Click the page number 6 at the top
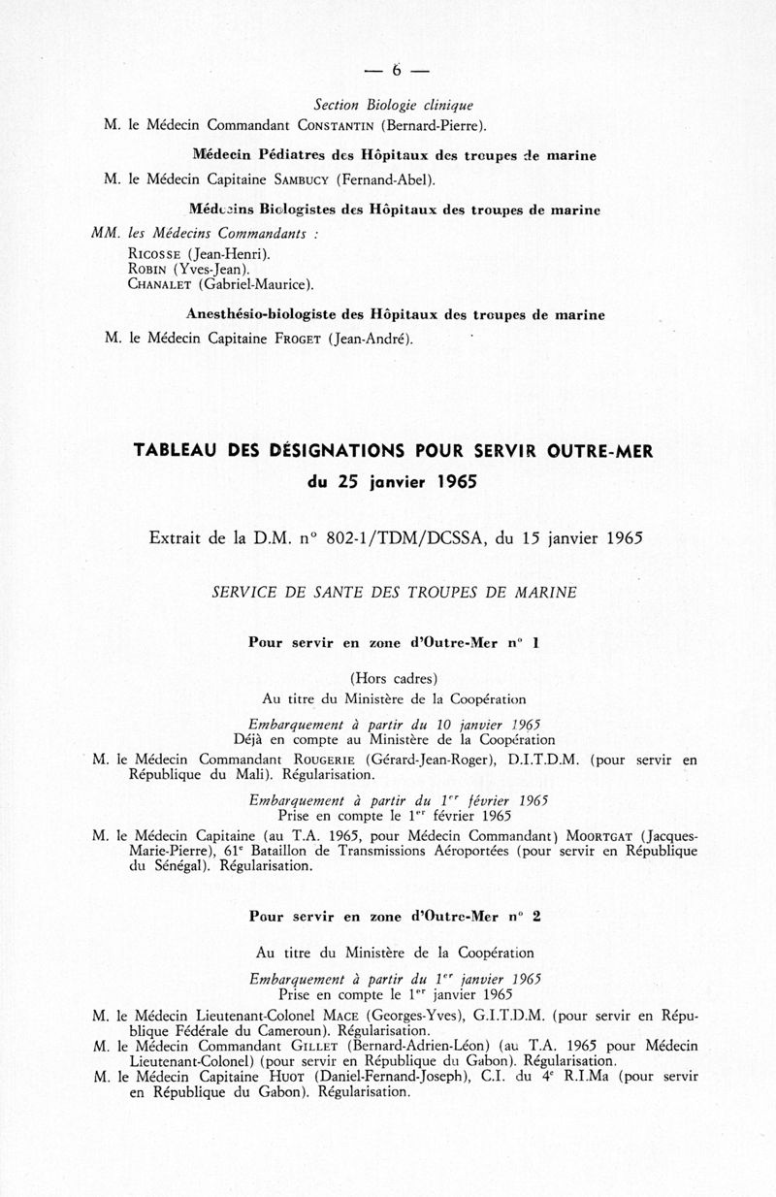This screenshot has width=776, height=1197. pos(396,69)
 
